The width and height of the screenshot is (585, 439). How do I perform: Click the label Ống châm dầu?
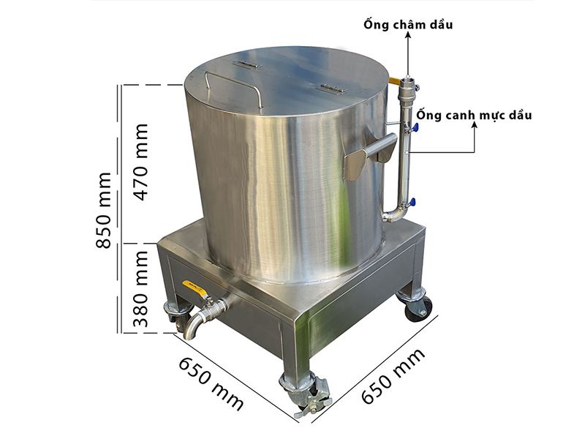click(x=408, y=25)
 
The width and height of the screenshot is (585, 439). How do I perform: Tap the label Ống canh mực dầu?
click(x=474, y=116)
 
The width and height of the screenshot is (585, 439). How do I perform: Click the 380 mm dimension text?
click(x=141, y=288)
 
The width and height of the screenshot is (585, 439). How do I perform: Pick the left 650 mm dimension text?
click(x=213, y=383)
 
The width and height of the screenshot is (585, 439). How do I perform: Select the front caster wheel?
click(x=299, y=391)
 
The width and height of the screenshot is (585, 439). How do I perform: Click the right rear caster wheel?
click(x=418, y=307)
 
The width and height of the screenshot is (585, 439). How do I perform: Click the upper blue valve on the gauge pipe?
click(x=415, y=128)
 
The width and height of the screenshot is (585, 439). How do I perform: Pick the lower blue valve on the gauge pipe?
click(x=413, y=203)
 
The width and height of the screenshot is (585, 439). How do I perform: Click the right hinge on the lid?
click(x=331, y=89)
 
